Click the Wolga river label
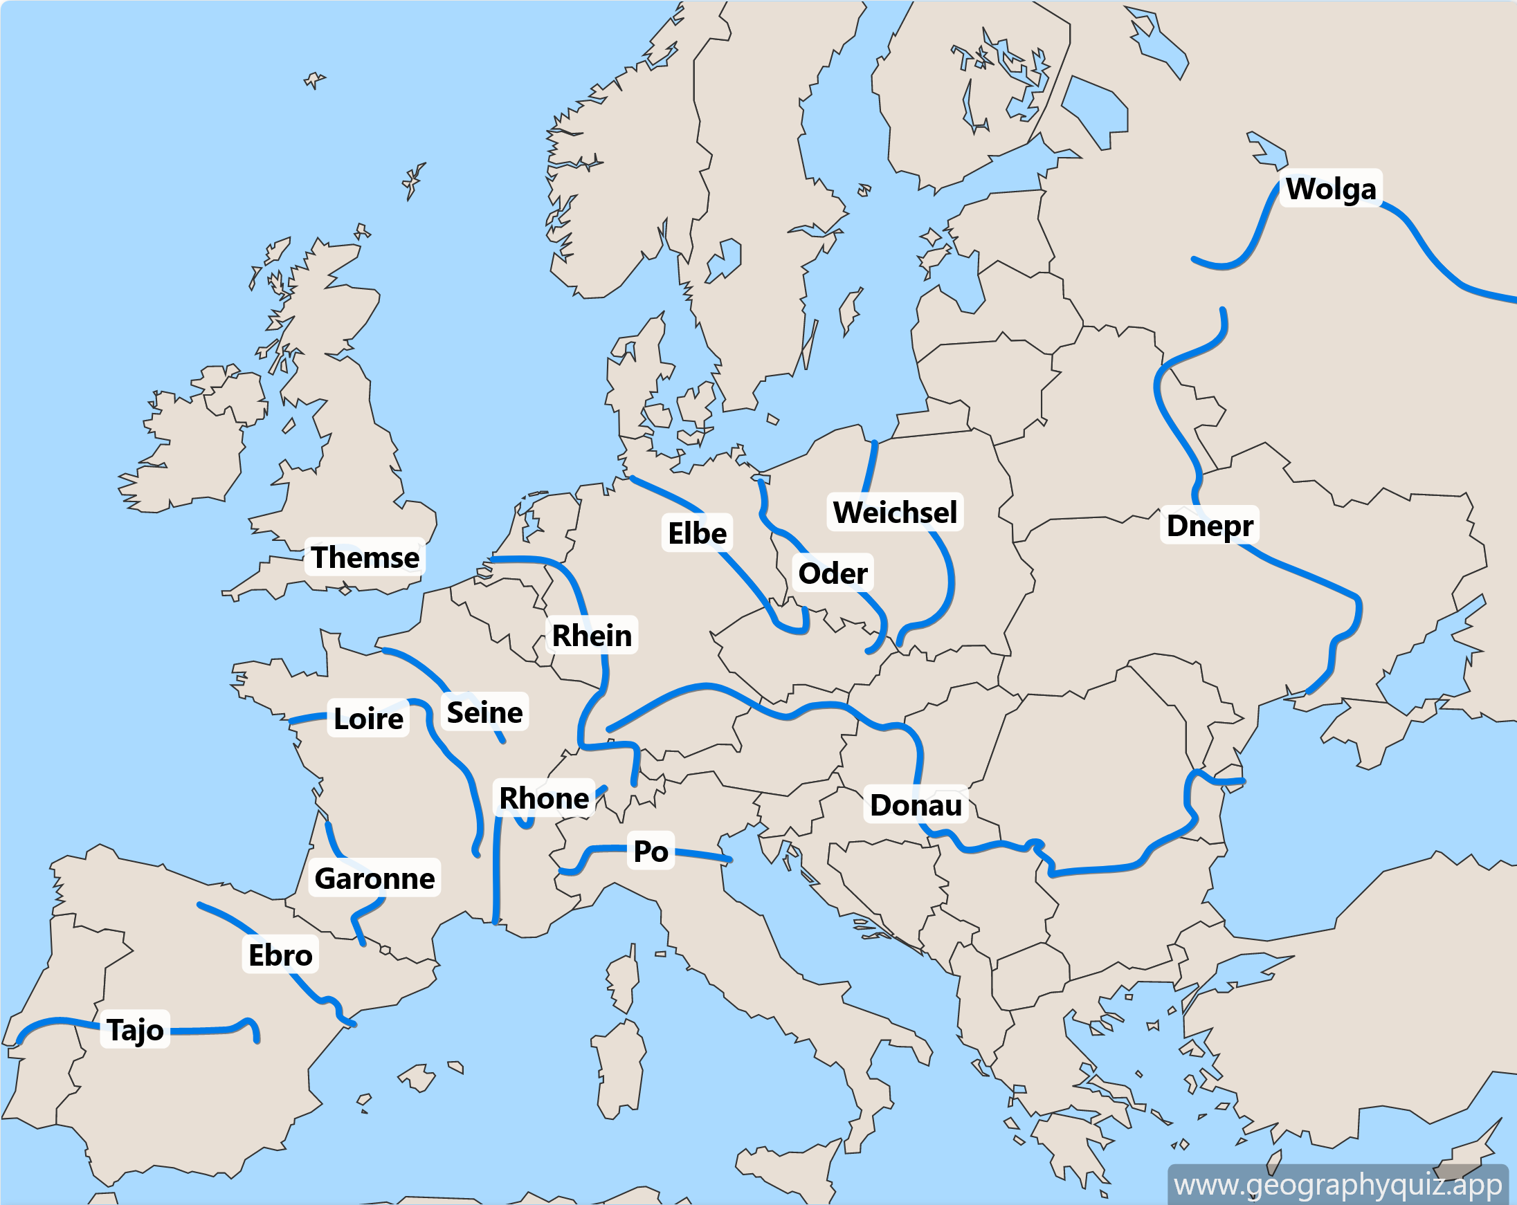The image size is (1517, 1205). (x=1330, y=189)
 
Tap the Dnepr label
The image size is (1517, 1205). (x=1209, y=526)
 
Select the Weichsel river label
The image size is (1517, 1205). (x=894, y=512)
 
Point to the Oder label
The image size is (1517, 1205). (x=833, y=573)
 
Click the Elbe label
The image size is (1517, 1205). (x=697, y=533)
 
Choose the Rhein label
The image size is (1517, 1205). (x=591, y=635)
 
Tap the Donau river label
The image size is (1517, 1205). (x=916, y=804)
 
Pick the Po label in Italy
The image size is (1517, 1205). (x=650, y=851)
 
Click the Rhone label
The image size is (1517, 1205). (x=543, y=798)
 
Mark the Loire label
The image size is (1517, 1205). (x=368, y=718)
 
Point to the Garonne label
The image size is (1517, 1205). (x=374, y=878)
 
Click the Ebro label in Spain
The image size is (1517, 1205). (x=280, y=955)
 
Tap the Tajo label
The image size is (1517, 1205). (x=135, y=1030)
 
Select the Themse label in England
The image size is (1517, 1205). (x=365, y=557)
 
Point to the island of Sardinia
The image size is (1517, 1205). (x=619, y=1069)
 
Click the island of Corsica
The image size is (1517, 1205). (x=623, y=982)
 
